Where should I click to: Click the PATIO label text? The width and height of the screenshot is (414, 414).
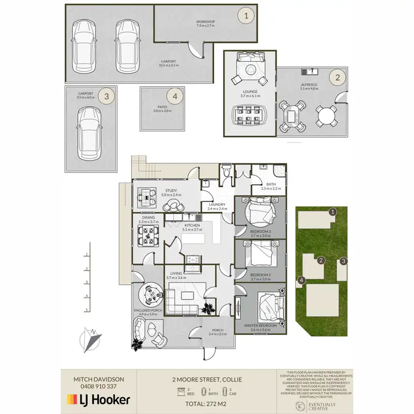[x=162, y=108]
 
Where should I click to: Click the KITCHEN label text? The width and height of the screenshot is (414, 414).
[x=192, y=225]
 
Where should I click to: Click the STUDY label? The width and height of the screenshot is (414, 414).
[x=168, y=191]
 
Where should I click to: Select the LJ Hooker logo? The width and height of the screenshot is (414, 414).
[x=98, y=399]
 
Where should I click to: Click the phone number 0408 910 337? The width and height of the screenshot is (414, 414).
[x=98, y=386]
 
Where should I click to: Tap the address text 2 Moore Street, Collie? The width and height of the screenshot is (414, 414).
[x=206, y=379]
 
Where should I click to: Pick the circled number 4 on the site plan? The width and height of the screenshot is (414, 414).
[x=301, y=280]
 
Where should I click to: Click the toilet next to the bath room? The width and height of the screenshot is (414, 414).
[x=227, y=173]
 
